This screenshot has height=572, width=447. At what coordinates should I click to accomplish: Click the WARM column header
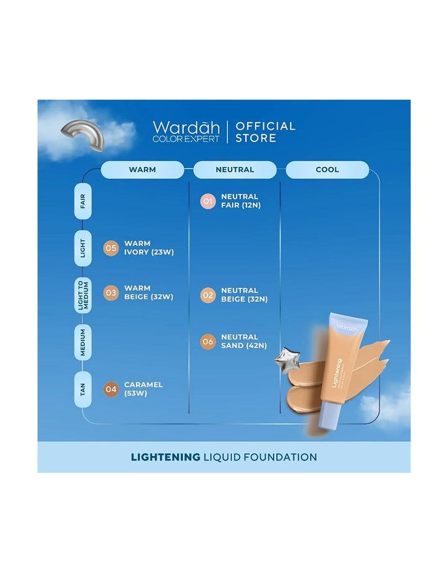(x=142, y=169)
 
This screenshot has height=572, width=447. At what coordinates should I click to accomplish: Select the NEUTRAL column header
(x=235, y=169)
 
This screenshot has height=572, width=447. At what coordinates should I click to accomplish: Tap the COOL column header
(x=327, y=169)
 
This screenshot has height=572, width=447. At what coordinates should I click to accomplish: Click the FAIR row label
(x=83, y=201)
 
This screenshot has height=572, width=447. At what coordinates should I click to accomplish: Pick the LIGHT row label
(x=83, y=248)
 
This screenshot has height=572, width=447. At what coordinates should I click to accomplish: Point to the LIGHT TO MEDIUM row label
(x=83, y=295)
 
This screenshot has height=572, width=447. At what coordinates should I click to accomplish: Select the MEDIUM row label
(x=83, y=342)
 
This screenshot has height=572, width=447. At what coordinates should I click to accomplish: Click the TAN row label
(x=83, y=389)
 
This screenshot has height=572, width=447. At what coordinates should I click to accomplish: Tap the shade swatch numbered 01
(x=207, y=201)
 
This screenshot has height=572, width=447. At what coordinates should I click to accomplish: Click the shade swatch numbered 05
(x=111, y=248)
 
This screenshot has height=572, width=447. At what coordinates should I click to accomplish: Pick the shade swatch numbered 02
(x=207, y=295)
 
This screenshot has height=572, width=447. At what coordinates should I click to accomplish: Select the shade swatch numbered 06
(x=207, y=341)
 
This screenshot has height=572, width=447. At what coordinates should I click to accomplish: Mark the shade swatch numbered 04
(x=111, y=389)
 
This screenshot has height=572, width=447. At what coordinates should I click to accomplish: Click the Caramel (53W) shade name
(x=143, y=389)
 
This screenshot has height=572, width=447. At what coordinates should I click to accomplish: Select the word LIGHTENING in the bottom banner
(x=165, y=457)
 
